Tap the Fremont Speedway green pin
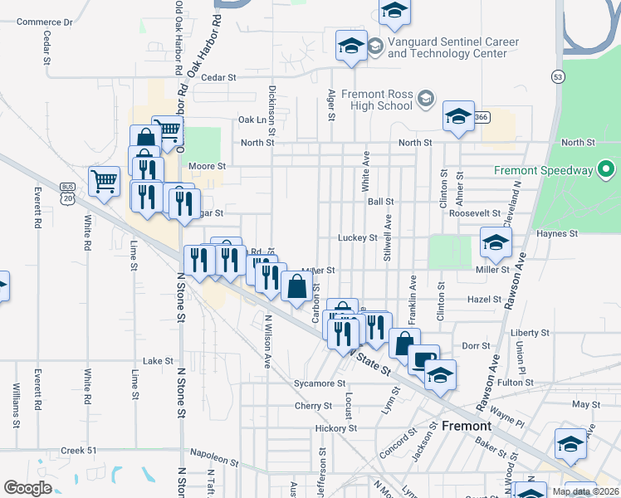click(606, 171)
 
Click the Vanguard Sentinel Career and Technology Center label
click(452, 47)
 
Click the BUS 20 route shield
click(67, 193)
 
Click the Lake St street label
click(157, 361)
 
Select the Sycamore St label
click(320, 383)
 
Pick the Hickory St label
click(335, 428)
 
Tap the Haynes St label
click(556, 234)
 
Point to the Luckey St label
click(358, 237)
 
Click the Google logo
click(27, 488)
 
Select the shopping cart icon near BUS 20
click(104, 181)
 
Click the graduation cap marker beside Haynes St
click(496, 242)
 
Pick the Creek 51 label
click(79, 451)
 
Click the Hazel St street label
click(485, 299)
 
